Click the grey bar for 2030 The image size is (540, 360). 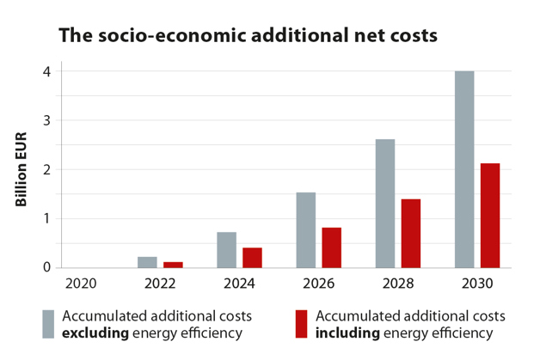[464, 169]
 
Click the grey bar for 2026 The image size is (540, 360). [306, 229]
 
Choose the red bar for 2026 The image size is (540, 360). [332, 247]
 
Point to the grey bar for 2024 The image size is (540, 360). [227, 249]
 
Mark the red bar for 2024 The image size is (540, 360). [252, 257]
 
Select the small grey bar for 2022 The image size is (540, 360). [148, 262]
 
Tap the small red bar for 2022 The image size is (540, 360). [173, 265]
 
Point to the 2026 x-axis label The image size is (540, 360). [318, 282]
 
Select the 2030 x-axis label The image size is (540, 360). [476, 282]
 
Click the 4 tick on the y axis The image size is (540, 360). [47, 72]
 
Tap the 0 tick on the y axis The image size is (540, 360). [47, 267]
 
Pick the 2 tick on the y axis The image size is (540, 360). [47, 170]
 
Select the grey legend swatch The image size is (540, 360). [48, 323]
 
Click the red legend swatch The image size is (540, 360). [302, 323]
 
